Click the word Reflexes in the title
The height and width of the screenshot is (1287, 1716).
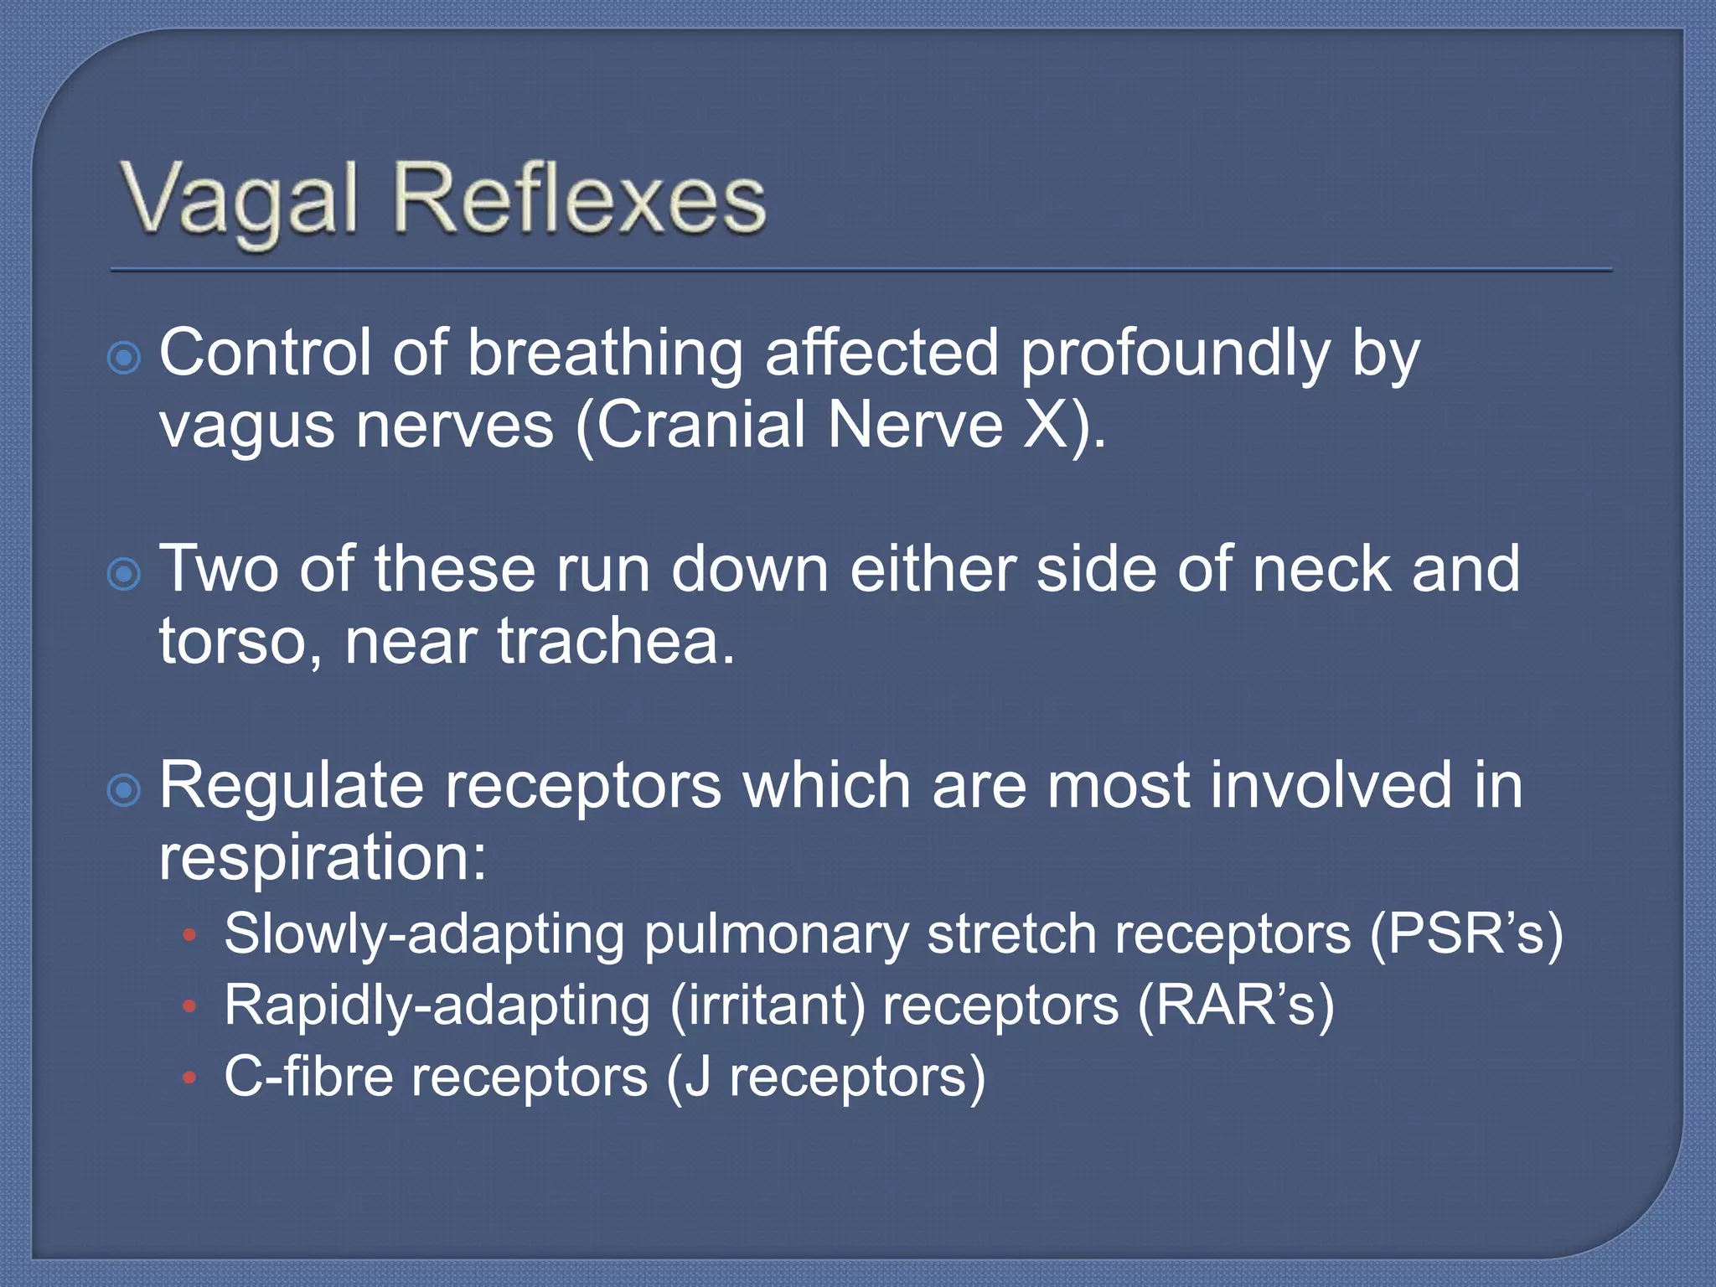coord(580,199)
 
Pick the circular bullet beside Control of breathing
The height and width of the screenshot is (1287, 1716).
coord(124,359)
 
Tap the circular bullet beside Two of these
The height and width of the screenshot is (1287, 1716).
coord(124,575)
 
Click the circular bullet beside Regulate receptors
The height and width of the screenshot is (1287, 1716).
coord(124,790)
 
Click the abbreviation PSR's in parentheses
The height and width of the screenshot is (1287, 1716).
coord(1466,934)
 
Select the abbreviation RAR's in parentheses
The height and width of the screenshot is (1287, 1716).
coord(1236,1005)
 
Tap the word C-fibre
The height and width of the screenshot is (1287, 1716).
coord(308,1077)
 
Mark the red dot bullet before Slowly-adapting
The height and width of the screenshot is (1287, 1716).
coord(190,935)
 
